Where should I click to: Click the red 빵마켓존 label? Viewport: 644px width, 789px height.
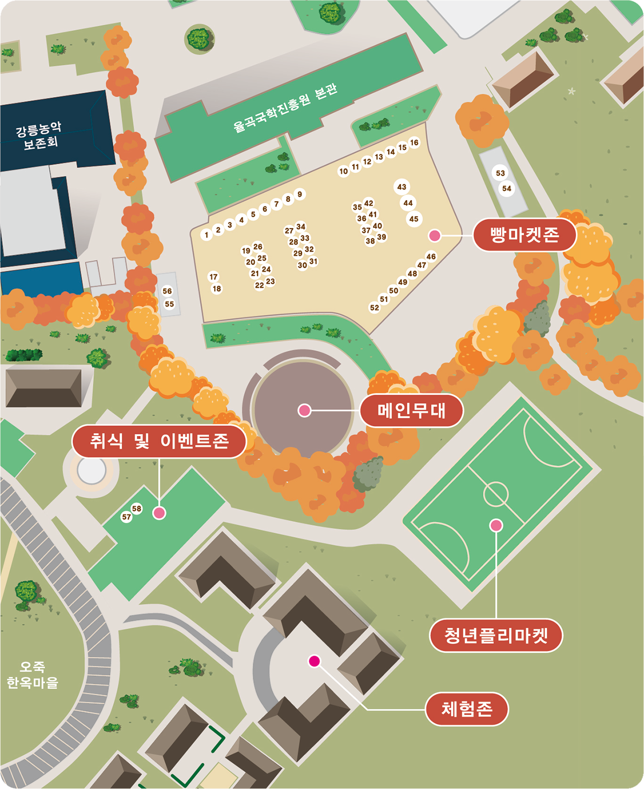point(524,235)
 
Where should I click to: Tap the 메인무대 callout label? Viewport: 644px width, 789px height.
point(411,411)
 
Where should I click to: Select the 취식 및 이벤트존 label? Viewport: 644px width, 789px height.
point(159,441)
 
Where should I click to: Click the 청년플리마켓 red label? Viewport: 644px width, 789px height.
point(496,636)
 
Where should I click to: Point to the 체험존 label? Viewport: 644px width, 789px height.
point(467,709)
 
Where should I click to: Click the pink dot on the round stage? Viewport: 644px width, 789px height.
point(304,411)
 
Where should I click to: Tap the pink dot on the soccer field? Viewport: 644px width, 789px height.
point(496,525)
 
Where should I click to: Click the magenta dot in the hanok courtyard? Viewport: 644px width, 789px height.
point(314,661)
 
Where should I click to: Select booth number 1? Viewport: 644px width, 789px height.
point(206,235)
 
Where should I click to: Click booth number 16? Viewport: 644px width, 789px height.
point(414,143)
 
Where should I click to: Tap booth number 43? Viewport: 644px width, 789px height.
point(401,187)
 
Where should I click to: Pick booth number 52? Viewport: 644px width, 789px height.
point(374,308)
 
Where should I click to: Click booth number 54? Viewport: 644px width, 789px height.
point(507,188)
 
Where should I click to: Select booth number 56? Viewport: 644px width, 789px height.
point(167,291)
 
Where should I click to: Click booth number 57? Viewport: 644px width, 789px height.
point(126,517)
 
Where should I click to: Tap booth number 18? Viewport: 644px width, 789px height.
point(216,289)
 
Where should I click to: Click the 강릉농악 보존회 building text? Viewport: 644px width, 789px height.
point(39,136)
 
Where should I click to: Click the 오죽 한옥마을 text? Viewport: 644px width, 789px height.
point(32,675)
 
